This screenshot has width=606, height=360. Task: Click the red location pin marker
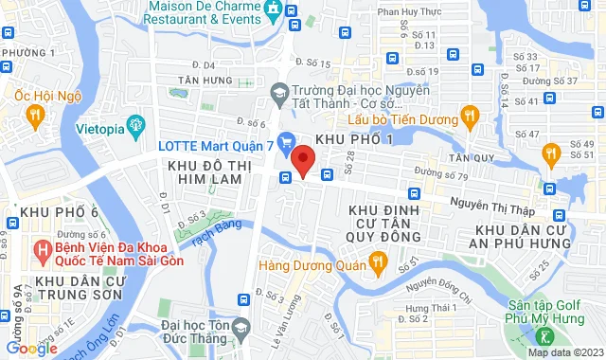point(302,159)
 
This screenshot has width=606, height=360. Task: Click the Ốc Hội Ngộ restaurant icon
point(36,115)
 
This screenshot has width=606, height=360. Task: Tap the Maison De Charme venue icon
point(272,9)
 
